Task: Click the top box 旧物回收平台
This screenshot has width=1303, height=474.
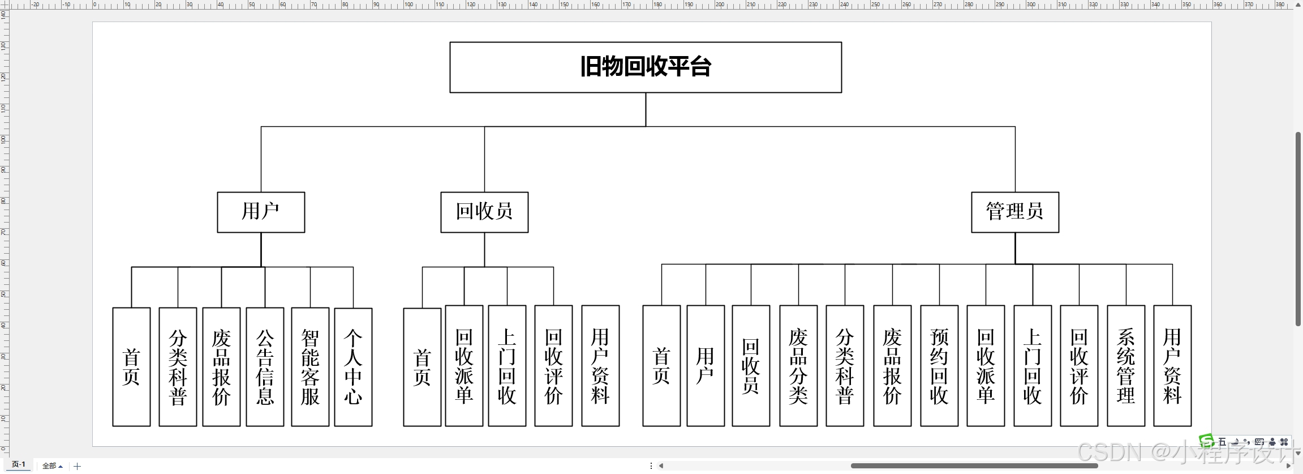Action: pyautogui.click(x=646, y=67)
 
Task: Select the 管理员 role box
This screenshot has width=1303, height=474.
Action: pyautogui.click(x=1014, y=212)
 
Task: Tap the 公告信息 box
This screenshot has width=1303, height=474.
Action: pyautogui.click(x=265, y=366)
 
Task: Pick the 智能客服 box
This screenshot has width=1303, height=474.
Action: pyautogui.click(x=310, y=366)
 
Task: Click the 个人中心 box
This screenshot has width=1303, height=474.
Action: pyautogui.click(x=353, y=366)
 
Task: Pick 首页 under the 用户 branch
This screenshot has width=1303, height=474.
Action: pyautogui.click(x=131, y=366)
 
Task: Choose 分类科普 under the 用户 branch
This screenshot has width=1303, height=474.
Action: pyautogui.click(x=178, y=366)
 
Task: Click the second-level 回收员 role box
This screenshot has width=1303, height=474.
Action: pyautogui.click(x=484, y=212)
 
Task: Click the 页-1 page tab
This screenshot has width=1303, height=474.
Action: pyautogui.click(x=19, y=464)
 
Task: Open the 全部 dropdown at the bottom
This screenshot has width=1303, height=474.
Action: pyautogui.click(x=53, y=466)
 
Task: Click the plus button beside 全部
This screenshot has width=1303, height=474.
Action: pyautogui.click(x=78, y=466)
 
